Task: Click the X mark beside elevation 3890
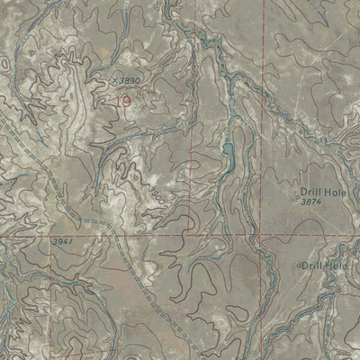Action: point(115,79)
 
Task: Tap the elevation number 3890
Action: point(130,80)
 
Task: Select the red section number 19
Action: point(122,103)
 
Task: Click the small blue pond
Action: point(227,157)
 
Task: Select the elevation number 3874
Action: point(312,202)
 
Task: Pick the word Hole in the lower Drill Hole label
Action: point(337,266)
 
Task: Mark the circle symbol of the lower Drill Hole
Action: point(298,266)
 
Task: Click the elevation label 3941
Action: point(62,242)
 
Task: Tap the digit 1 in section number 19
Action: point(118,103)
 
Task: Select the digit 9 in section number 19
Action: point(126,103)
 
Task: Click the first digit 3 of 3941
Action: point(54,242)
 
